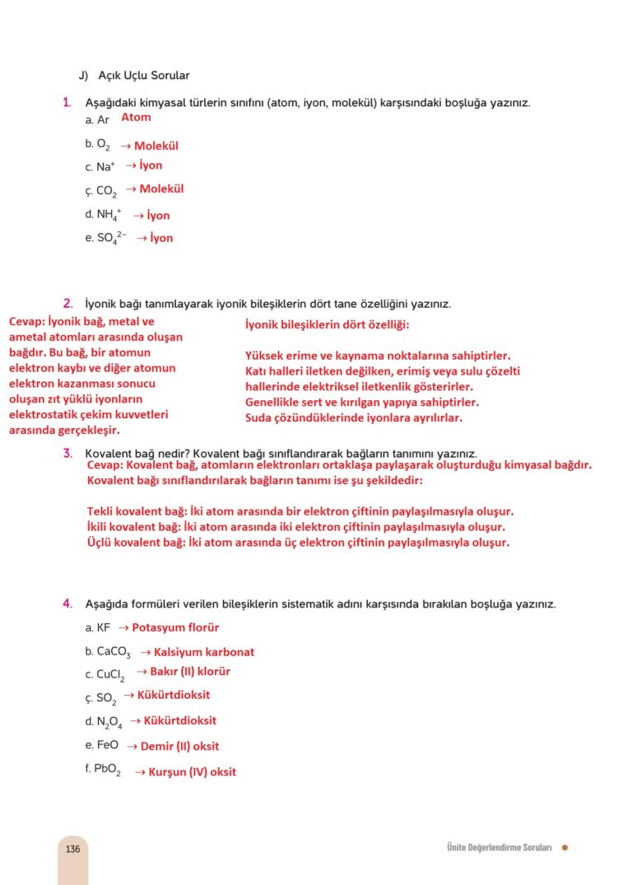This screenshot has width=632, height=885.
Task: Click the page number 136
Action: tap(73, 849)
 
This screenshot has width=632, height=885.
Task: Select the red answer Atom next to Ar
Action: tap(136, 118)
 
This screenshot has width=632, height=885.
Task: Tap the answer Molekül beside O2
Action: tap(156, 146)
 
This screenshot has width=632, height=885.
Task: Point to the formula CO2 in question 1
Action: tap(106, 191)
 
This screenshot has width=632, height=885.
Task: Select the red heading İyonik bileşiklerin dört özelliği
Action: tap(327, 325)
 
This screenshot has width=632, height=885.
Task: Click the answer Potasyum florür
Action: tap(175, 627)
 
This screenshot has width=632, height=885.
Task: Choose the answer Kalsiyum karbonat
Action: tap(203, 652)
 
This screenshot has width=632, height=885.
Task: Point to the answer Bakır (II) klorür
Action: tap(189, 672)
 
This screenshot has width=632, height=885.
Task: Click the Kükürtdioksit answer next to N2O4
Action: tap(179, 720)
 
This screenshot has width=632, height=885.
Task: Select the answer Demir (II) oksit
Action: tap(179, 747)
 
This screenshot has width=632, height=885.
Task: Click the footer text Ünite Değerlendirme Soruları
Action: tap(493, 848)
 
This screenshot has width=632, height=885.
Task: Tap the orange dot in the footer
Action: tap(565, 848)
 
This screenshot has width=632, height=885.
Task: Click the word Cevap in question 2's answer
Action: tap(26, 322)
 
